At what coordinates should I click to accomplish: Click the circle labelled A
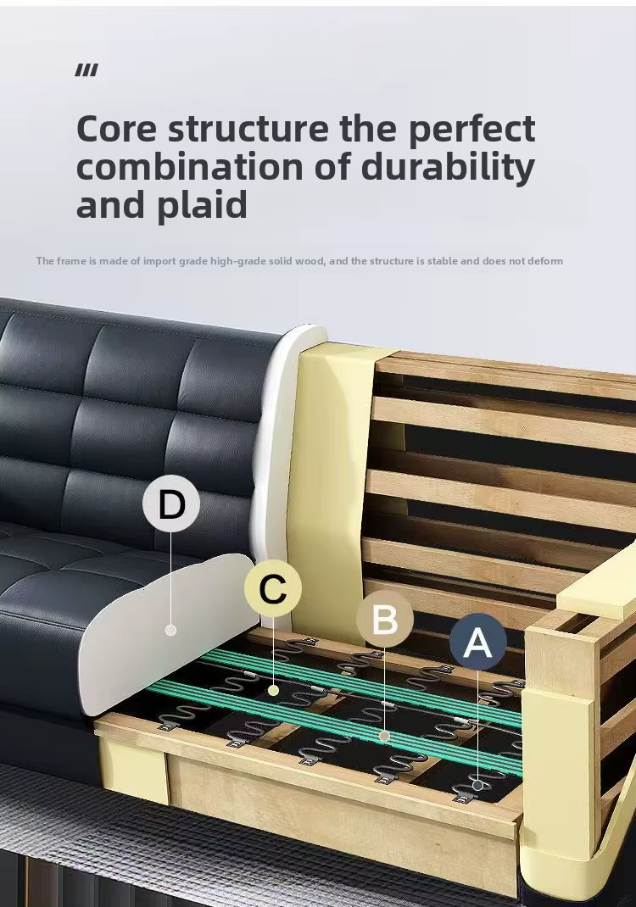tap(478, 642)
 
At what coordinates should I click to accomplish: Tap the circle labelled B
tap(385, 619)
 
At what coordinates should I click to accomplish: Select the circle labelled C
tap(272, 588)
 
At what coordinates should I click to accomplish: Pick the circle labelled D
tap(171, 504)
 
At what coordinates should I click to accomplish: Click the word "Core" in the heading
tap(116, 128)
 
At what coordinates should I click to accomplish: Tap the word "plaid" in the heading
tap(202, 205)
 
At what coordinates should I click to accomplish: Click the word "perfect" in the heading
tap(471, 128)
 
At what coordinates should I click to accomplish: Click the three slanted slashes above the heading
tap(86, 70)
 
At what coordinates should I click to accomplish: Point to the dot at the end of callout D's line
tap(170, 630)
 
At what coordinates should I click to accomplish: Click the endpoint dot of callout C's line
tap(273, 690)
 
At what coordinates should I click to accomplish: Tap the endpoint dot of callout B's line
tap(384, 736)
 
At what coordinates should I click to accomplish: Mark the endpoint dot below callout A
tap(477, 785)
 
